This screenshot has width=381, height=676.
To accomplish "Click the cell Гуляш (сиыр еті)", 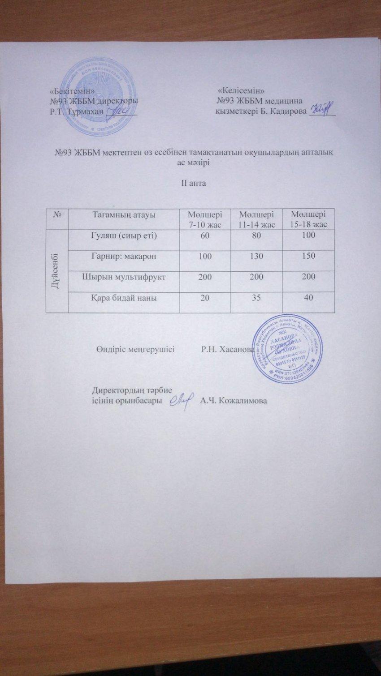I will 123,235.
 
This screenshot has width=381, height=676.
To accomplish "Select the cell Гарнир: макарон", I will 123,257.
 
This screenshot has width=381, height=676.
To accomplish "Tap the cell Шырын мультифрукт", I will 123,277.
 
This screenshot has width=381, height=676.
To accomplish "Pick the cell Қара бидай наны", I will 123,298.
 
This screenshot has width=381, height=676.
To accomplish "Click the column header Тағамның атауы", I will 123,215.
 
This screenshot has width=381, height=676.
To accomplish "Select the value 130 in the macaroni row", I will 257,257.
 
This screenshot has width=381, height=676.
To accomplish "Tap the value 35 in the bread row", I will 257,298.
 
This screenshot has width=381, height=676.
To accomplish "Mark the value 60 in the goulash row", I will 205,235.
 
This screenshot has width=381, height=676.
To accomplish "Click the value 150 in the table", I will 308,257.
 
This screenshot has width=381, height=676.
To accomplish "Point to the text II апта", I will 193,183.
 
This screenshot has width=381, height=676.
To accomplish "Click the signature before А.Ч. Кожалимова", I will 182,398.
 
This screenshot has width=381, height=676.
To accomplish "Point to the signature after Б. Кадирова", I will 321,109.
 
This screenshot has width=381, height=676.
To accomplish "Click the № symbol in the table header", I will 57,215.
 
